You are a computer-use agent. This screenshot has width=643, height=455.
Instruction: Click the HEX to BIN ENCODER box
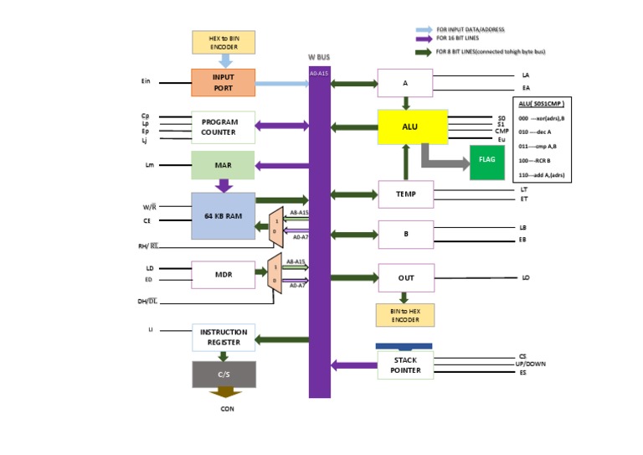pos(223,43)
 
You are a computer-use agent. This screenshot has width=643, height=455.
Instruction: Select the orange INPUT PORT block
pos(223,82)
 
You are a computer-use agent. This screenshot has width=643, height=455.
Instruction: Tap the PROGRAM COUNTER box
pos(223,127)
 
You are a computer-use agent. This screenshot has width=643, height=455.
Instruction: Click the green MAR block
pos(223,165)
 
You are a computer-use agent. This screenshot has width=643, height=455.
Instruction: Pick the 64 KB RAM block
pos(223,215)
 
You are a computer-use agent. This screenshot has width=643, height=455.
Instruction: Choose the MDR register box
pos(223,274)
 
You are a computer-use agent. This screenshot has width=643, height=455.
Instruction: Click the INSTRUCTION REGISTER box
pos(223,338)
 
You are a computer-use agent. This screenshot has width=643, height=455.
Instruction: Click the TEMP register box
pos(405,194)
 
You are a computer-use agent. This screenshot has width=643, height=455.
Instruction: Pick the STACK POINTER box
pos(405,365)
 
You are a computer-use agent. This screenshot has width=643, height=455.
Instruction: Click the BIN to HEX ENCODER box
pos(405,315)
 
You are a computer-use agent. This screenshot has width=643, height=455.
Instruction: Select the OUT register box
pos(405,277)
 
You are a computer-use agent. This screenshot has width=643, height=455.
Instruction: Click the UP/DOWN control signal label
pos(531,364)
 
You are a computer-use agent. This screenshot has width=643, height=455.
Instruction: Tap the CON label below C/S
pos(227,409)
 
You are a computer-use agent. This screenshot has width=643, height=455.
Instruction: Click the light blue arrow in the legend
pos(423,29)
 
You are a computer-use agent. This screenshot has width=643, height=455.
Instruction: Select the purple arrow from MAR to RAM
pos(224,185)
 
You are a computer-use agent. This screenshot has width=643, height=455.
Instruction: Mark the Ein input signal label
pos(146,82)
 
